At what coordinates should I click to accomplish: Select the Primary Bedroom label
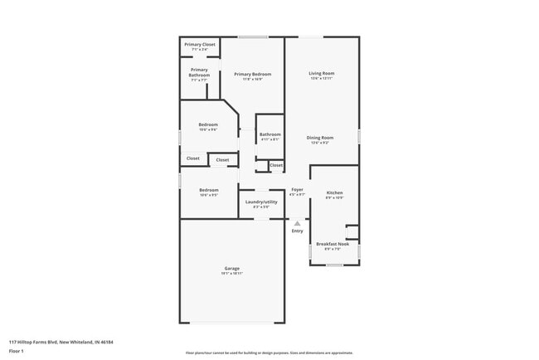252,74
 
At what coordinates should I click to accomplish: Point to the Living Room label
322,73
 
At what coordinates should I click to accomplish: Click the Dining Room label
320,137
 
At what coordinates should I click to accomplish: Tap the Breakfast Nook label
333,243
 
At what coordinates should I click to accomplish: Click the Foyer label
297,190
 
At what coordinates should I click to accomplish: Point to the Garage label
232,268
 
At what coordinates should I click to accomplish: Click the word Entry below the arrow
297,231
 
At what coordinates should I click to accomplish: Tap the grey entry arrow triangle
297,222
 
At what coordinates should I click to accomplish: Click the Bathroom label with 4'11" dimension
269,134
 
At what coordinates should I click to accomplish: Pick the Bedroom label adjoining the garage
208,190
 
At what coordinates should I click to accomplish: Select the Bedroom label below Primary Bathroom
208,124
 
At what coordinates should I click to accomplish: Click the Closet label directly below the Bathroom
276,165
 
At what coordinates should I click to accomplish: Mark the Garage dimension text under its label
232,273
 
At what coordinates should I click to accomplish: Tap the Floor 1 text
17,351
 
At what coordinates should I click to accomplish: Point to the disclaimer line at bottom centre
269,353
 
